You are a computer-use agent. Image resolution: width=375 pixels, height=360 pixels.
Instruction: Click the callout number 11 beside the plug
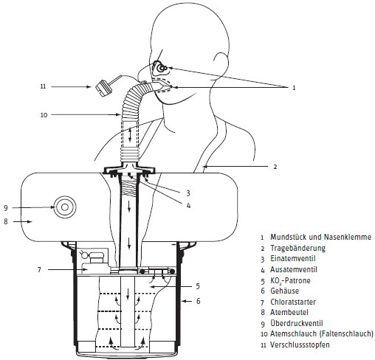coord(43,86)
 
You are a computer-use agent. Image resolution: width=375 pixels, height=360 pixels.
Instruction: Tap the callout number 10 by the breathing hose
coord(44,115)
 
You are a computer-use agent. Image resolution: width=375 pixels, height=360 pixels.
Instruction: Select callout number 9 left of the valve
coord(6,208)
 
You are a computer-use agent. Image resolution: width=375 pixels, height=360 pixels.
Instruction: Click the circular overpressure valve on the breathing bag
coord(65,207)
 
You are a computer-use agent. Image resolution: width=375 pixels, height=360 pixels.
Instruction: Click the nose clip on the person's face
coord(160,68)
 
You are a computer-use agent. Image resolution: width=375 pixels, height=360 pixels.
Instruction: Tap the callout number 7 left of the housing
coord(39,270)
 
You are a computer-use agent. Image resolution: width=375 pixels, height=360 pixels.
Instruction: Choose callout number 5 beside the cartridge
coord(198,286)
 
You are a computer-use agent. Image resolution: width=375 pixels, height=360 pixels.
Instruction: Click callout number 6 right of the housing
coord(199,301)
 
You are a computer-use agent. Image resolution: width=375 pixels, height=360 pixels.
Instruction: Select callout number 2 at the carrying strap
coord(275,167)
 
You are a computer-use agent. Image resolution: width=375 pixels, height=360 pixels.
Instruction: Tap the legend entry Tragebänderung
coord(297,248)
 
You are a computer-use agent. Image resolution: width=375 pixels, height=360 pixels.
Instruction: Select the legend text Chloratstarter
coord(293,302)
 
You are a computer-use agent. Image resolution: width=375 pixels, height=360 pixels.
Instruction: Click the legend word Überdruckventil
coord(297,323)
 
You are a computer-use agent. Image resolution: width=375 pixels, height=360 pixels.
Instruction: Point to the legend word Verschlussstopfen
coord(300,345)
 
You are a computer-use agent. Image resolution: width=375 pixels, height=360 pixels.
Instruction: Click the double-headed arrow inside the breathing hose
coord(130,135)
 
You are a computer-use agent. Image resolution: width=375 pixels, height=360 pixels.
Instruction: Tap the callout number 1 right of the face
coord(294,88)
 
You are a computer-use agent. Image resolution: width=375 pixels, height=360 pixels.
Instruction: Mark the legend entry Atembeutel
coord(289,312)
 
